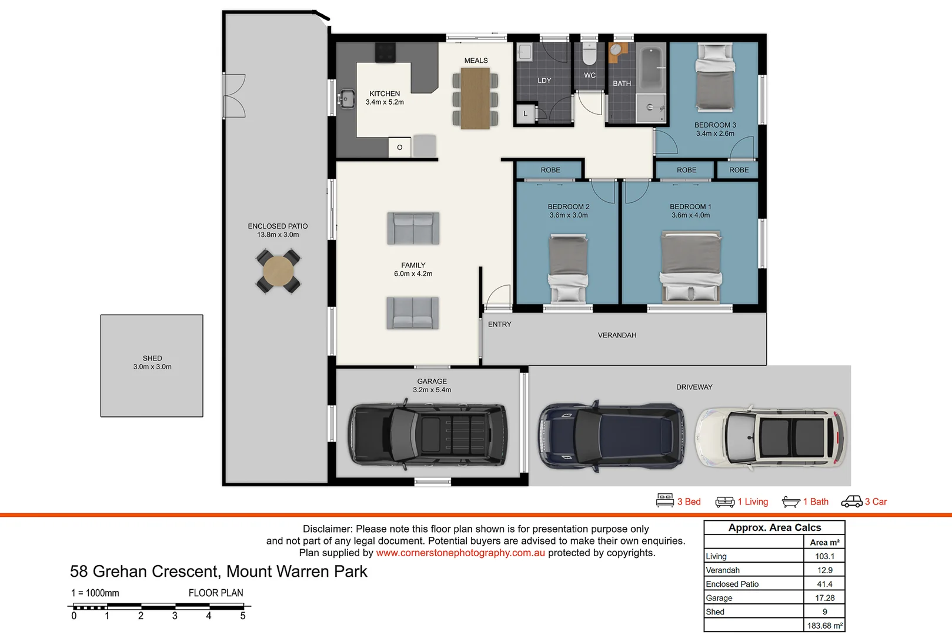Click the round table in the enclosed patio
click(278, 272)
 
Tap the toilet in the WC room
click(589, 54)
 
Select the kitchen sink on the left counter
click(346, 99)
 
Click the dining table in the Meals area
click(475, 99)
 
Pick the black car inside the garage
click(427, 436)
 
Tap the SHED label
click(152, 358)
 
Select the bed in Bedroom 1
click(691, 266)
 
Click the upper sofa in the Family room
click(413, 228)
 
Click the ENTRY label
click(499, 324)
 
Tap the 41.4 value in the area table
click(824, 584)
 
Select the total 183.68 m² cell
click(824, 626)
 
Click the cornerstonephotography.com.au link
click(460, 553)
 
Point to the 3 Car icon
click(851, 502)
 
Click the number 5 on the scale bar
click(242, 616)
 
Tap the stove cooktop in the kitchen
click(385, 52)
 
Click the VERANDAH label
click(617, 335)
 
